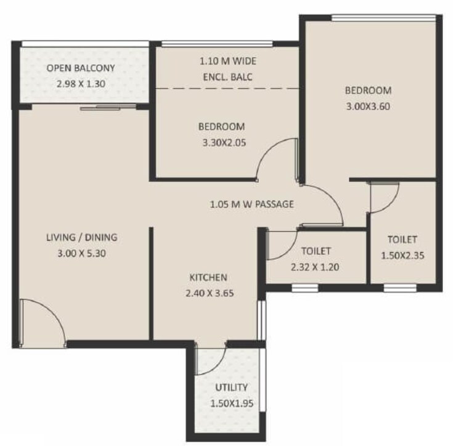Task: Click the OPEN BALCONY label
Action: pos(81,68)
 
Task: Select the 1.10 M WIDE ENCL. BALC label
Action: pos(228,69)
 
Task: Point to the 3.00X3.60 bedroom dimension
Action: pos(368,105)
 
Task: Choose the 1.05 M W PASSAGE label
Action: pos(251,204)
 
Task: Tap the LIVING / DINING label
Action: pos(82,237)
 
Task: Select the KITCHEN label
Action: pos(208,277)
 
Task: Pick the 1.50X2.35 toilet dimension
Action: pos(402,254)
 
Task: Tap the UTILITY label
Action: pos(231,387)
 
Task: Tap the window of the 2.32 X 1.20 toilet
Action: pos(304,287)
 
